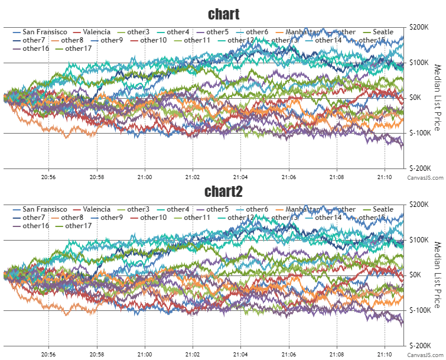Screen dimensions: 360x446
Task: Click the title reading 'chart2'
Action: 223,192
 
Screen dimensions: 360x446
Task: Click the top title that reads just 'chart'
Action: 223,14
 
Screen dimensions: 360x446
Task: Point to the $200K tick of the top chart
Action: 421,27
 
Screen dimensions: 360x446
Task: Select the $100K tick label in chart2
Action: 421,240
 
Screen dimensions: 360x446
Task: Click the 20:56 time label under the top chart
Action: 48,176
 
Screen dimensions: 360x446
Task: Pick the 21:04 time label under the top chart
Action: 240,176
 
